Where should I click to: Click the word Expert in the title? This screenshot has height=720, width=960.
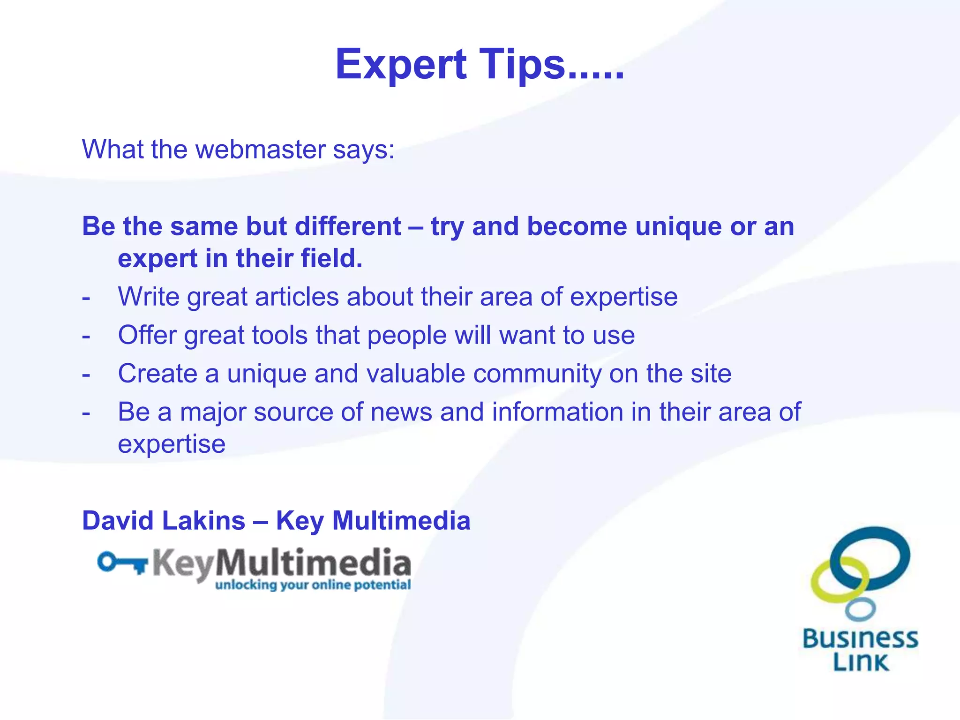(x=401, y=65)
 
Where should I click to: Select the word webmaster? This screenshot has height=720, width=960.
(x=260, y=150)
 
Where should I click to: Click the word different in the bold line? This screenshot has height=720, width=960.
(x=348, y=226)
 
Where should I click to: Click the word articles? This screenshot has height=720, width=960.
(x=297, y=297)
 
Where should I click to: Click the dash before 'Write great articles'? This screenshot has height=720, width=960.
(x=86, y=298)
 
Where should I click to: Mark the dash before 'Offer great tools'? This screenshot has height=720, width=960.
(x=86, y=336)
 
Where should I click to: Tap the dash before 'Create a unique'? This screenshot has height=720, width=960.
(x=86, y=375)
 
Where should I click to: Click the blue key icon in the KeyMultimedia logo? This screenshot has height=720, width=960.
(x=122, y=562)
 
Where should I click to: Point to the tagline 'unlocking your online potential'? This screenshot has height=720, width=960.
(x=313, y=585)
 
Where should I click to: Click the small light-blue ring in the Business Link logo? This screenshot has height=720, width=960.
(x=860, y=609)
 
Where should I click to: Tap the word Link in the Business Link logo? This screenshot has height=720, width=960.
(x=861, y=662)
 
